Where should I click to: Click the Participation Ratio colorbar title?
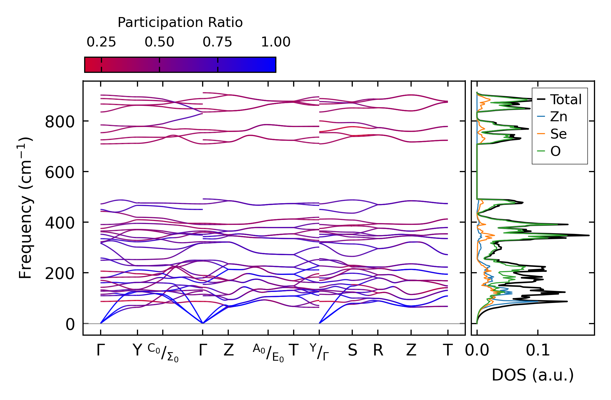[180, 23]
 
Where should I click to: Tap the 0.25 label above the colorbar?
[101, 42]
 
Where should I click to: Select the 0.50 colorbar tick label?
[159, 42]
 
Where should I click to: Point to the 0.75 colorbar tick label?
[218, 42]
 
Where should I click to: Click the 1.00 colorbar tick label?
[276, 42]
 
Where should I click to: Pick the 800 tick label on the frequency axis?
[60, 122]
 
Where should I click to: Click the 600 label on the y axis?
[60, 173]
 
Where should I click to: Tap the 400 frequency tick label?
[60, 223]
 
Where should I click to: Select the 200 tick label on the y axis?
[60, 274]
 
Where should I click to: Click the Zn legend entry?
[558, 117]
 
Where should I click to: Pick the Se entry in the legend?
[558, 134]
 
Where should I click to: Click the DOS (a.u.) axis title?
[533, 375]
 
